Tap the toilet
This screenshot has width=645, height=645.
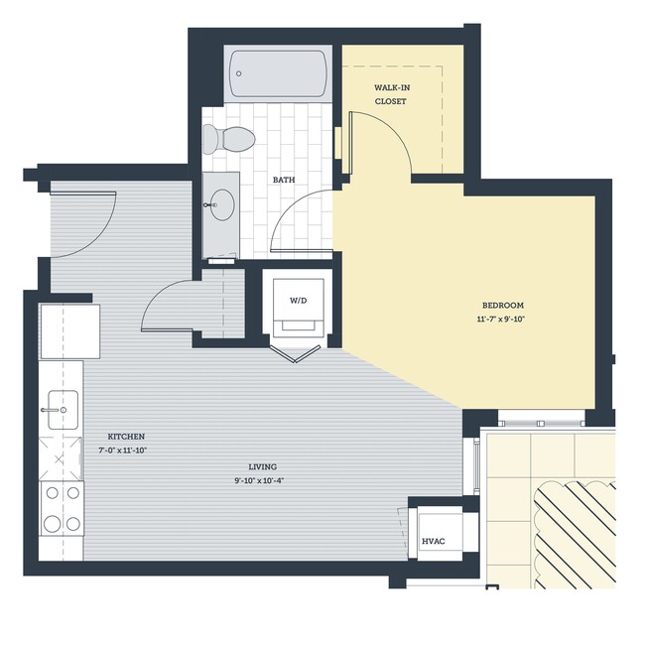pos(229,138)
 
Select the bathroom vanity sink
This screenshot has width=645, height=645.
pos(221,205)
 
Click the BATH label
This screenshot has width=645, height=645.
pos(284,180)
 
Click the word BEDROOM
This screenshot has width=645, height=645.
pos(502,305)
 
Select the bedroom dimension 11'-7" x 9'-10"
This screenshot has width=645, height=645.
pos(502,320)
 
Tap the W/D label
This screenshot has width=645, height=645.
pos(298,299)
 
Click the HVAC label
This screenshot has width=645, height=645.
pos(433,541)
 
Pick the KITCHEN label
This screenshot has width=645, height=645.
pos(127,437)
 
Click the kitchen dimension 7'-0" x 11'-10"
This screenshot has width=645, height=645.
pos(127,451)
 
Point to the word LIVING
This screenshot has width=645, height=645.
pos(263,466)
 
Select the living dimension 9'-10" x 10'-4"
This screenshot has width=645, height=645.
pos(263,481)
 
